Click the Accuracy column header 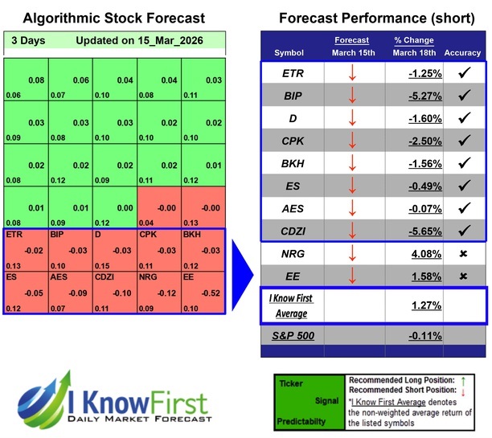coord(462,52)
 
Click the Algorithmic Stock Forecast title coord(114,18)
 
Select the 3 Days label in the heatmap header coord(28,40)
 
